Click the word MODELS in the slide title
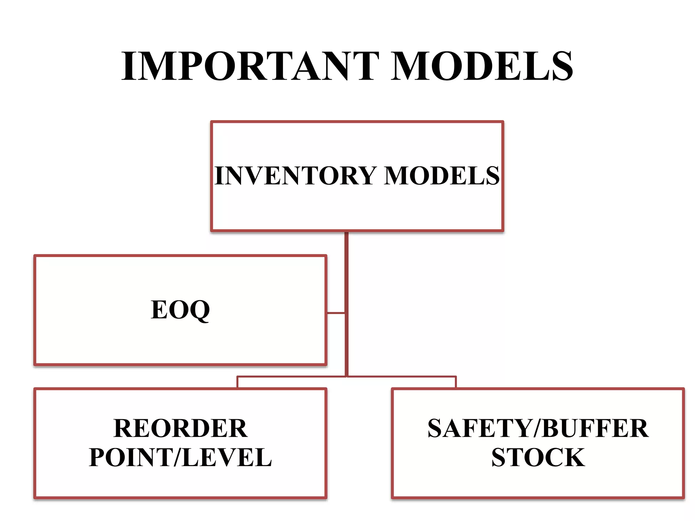click(x=482, y=66)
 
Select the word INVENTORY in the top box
click(x=295, y=176)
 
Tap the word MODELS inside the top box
click(x=442, y=176)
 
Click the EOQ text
click(x=180, y=310)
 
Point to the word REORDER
click(x=181, y=428)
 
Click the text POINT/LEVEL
click(x=180, y=457)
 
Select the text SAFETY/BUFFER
click(x=538, y=428)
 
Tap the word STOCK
click(x=538, y=457)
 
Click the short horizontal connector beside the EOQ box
click(x=336, y=313)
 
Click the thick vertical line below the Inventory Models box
click(x=346, y=271)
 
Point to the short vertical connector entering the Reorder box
click(x=238, y=382)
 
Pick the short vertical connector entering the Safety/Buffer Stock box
click(x=456, y=382)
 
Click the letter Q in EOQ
click(x=199, y=310)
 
